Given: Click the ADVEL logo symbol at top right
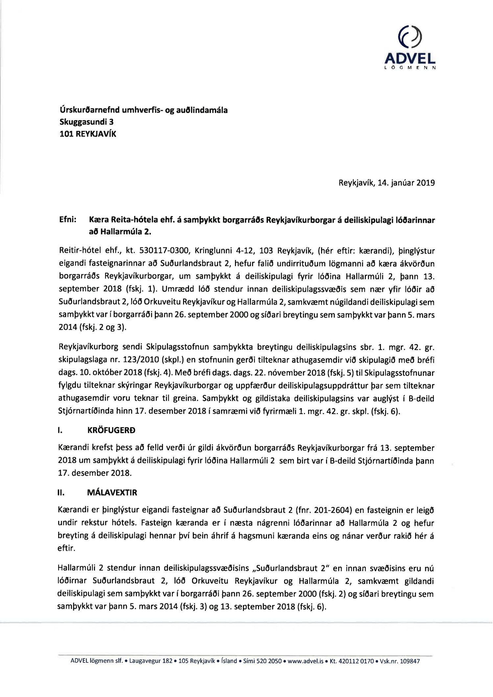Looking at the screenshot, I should tap(410, 37).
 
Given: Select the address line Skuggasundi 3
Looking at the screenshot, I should tap(86, 122).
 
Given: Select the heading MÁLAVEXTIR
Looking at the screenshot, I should tap(112, 493).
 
